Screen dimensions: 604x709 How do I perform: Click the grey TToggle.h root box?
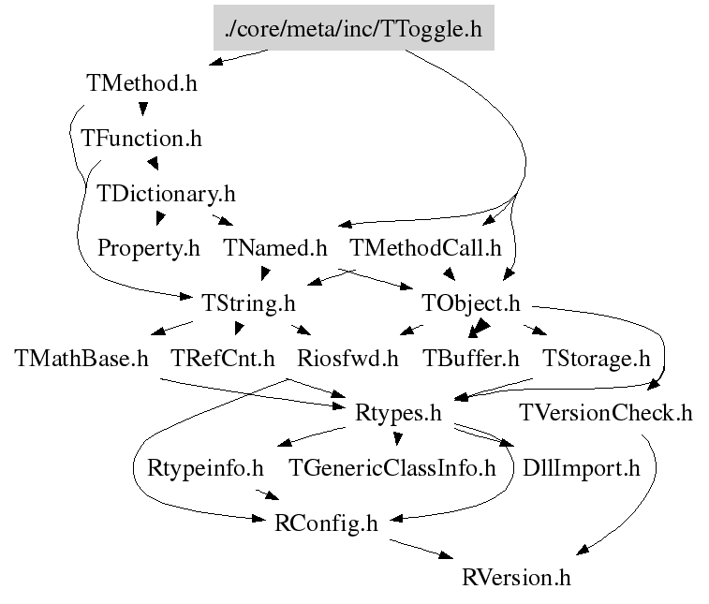(353, 29)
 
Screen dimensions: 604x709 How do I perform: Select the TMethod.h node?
(141, 82)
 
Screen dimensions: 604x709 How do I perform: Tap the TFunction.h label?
(141, 139)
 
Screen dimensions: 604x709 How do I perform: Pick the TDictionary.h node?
(166, 194)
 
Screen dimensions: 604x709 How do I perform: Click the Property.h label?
(149, 248)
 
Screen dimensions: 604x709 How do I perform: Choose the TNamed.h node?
(275, 248)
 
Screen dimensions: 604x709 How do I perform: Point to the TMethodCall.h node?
(425, 248)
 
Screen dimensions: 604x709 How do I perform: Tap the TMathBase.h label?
(82, 358)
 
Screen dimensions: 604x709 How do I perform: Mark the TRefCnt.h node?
(223, 358)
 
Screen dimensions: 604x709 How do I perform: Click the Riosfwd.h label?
(347, 358)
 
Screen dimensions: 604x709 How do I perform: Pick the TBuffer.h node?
(470, 358)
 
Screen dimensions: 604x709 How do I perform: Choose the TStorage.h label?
(597, 358)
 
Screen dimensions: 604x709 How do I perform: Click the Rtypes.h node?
(399, 412)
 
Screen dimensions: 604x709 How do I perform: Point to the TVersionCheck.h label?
(607, 412)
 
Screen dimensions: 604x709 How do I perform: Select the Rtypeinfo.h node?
(206, 467)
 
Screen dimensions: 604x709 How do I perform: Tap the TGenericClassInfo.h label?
(391, 467)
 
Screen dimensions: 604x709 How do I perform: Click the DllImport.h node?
(582, 467)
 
